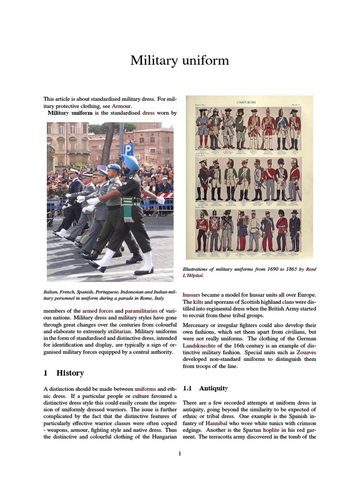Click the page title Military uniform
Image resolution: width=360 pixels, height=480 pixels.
[180, 60]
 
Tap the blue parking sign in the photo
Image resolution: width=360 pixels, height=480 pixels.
[129, 150]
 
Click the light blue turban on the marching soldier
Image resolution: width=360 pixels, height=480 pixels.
[130, 162]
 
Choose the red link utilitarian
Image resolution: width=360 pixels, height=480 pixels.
[133, 330]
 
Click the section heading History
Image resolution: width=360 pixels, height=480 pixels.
[70, 373]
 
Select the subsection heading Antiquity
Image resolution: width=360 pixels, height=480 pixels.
[213, 388]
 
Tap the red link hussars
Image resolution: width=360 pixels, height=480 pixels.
[193, 295]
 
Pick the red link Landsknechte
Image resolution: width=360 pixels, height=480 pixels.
[198, 345]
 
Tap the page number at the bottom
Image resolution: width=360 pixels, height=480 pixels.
[180, 453]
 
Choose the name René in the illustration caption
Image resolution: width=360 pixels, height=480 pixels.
[311, 269]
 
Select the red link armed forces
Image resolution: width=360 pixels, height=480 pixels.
[97, 311]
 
